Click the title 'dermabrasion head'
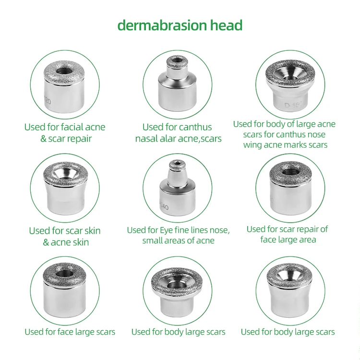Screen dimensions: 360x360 click(180, 25)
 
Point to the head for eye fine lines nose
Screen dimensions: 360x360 click(177, 190)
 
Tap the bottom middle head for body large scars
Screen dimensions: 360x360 click(177, 290)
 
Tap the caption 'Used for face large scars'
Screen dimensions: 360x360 click(70, 332)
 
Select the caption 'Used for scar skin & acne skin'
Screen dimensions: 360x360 click(65, 236)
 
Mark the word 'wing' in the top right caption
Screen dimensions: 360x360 click(253, 144)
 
